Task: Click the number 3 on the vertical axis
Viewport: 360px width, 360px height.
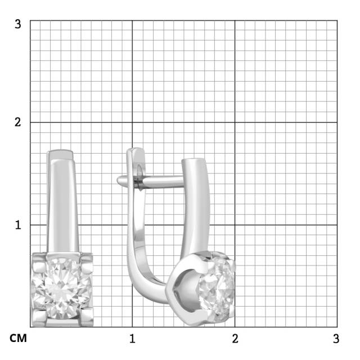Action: [18, 24]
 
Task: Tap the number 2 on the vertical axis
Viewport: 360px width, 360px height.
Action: [18, 123]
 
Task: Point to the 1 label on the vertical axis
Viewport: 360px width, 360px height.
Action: [18, 224]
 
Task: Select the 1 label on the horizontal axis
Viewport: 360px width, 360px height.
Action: [132, 339]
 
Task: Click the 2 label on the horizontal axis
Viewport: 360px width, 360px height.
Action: [235, 339]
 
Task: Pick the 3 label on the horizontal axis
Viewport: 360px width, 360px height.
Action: [336, 339]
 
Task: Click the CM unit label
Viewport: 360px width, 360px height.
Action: [17, 339]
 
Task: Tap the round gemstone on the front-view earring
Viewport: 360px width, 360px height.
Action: [61, 287]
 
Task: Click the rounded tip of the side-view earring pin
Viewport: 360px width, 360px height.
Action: [120, 181]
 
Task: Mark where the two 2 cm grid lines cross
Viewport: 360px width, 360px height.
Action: [235, 123]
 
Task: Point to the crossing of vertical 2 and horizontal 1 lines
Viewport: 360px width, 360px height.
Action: [235, 225]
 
